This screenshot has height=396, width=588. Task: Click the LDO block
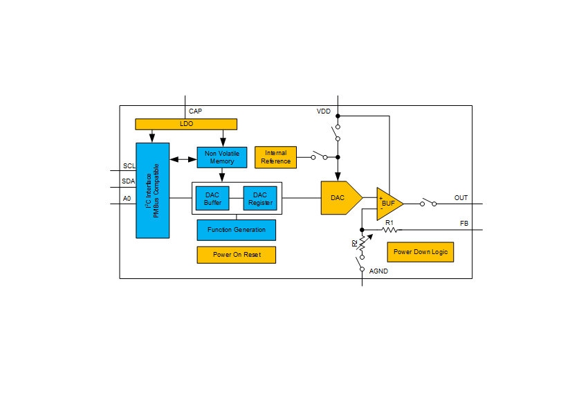[x=185, y=124]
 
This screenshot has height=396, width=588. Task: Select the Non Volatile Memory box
[x=221, y=157]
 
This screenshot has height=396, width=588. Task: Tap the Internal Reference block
[x=275, y=157]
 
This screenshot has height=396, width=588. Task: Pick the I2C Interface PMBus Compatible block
[x=152, y=190]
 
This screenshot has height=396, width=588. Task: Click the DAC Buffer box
[x=212, y=199]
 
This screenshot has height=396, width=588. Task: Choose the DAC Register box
[x=259, y=199]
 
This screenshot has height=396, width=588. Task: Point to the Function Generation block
[x=236, y=230]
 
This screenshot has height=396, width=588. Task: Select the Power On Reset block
[x=236, y=255]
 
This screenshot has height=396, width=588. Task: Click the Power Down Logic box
[x=420, y=252]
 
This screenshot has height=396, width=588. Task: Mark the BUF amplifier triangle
[x=387, y=204]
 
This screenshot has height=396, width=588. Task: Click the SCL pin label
[x=129, y=166]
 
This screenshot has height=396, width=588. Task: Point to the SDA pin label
[x=129, y=181]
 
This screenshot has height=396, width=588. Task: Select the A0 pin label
[x=127, y=199]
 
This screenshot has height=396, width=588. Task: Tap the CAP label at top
[x=195, y=111]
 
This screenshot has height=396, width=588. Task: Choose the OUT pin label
[x=461, y=198]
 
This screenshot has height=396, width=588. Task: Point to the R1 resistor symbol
[x=389, y=230]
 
